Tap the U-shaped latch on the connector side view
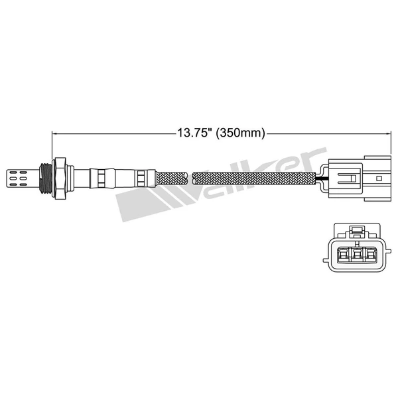(349, 178)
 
